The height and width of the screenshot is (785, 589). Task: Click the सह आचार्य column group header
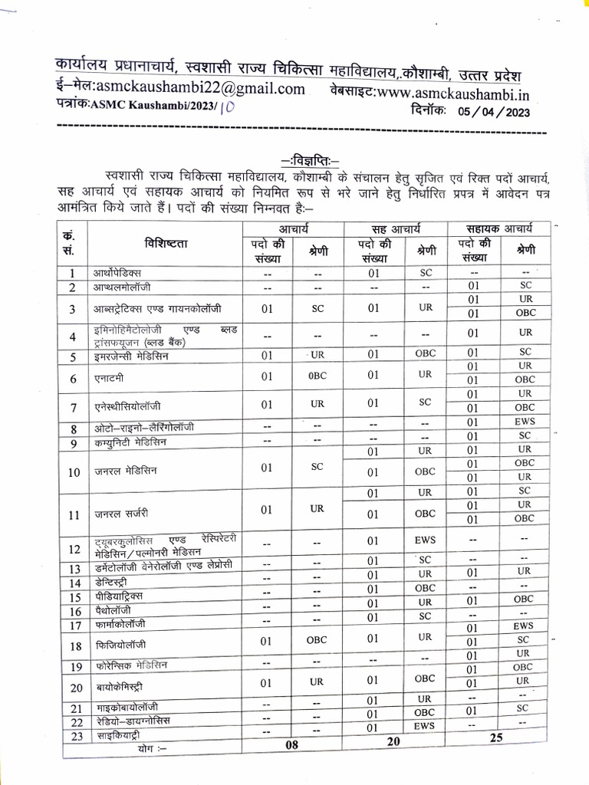coord(394,228)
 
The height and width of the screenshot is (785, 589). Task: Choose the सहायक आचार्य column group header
coord(499,228)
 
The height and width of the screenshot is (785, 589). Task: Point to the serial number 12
coord(74,549)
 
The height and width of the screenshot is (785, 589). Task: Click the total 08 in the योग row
coord(291,744)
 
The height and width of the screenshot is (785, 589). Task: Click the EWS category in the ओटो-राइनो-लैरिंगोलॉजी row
coord(525,421)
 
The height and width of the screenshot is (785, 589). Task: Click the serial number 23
coord(75,735)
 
